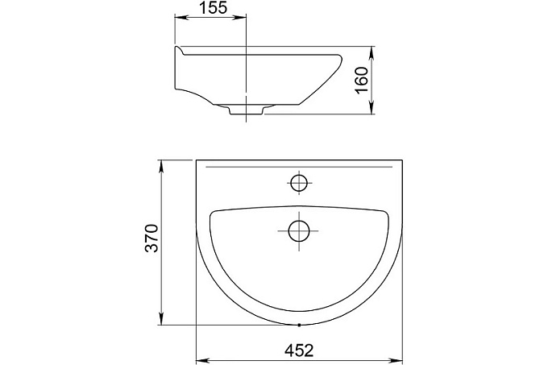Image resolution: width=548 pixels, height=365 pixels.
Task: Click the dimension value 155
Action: point(214,7)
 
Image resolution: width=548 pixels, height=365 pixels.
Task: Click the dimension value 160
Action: point(361,80)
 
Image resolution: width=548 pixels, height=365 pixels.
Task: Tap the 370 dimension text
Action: point(152,238)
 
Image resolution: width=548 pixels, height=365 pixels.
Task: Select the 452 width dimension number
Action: point(299,350)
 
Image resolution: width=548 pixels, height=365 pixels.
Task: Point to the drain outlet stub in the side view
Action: point(246,110)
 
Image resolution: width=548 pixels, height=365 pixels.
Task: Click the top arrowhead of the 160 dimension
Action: point(372,52)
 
